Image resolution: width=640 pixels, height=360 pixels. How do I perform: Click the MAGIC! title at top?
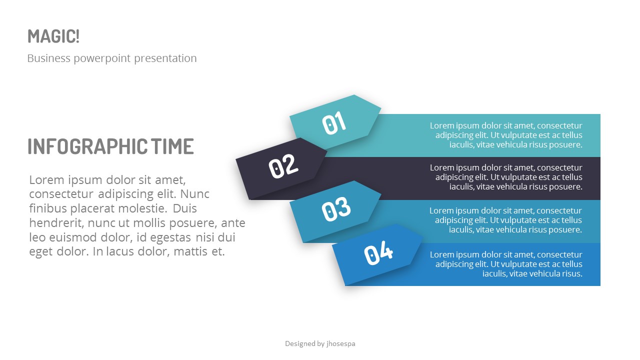(x=53, y=36)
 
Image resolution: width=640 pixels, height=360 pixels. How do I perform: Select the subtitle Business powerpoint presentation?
(x=111, y=58)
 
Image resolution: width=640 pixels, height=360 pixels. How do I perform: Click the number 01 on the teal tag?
(x=334, y=123)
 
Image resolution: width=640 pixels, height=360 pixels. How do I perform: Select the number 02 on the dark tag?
(x=283, y=166)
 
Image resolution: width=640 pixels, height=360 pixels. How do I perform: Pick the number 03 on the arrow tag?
(x=336, y=209)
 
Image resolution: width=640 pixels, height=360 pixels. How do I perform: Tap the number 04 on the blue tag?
(x=378, y=254)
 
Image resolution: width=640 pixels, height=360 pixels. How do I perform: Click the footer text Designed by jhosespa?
(x=320, y=343)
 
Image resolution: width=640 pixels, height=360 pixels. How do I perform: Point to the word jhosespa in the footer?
(x=341, y=343)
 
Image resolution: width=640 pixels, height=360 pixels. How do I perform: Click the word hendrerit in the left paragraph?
(x=54, y=223)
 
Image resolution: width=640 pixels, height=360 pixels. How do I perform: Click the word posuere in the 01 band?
(x=566, y=145)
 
